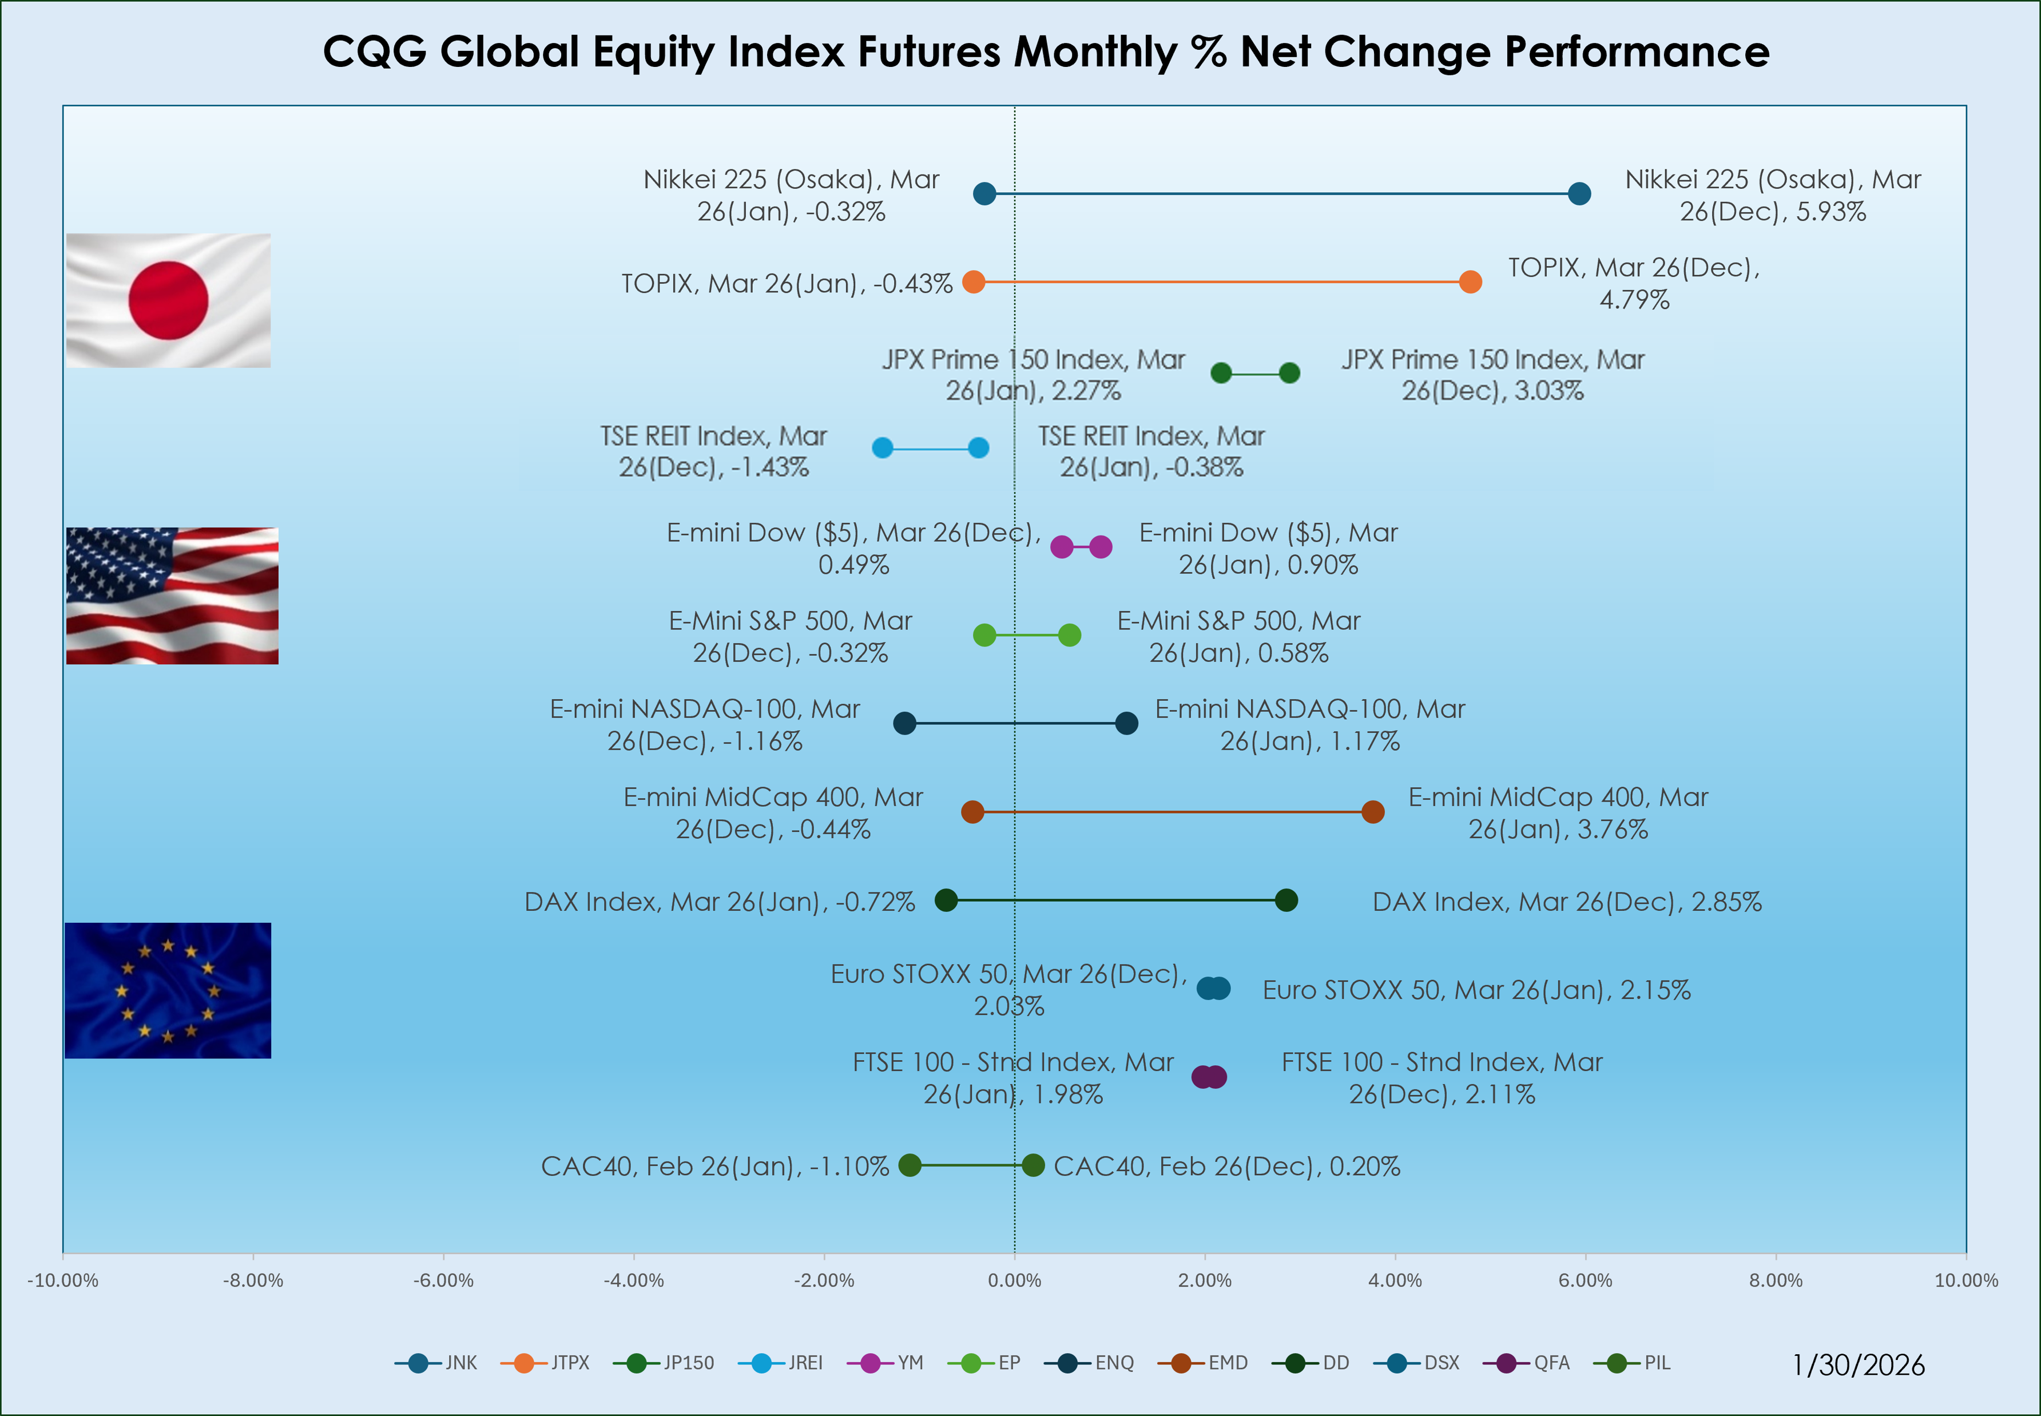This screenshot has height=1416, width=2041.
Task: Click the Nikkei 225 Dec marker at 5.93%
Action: pos(1579,193)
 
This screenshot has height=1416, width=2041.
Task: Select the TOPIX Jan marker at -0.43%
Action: pos(973,282)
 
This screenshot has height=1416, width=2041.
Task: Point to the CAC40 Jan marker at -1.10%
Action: pos(910,1165)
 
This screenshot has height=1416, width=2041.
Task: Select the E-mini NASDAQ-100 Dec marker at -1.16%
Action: pos(904,723)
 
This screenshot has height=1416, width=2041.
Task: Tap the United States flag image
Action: pos(172,596)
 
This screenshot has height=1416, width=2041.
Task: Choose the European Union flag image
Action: pos(168,990)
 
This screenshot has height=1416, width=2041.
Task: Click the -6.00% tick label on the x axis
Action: pos(443,1280)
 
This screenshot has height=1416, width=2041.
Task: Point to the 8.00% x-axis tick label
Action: pos(1776,1280)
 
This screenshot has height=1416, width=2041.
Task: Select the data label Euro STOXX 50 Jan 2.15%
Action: pos(1476,990)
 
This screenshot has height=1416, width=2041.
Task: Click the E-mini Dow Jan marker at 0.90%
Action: pos(1100,546)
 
